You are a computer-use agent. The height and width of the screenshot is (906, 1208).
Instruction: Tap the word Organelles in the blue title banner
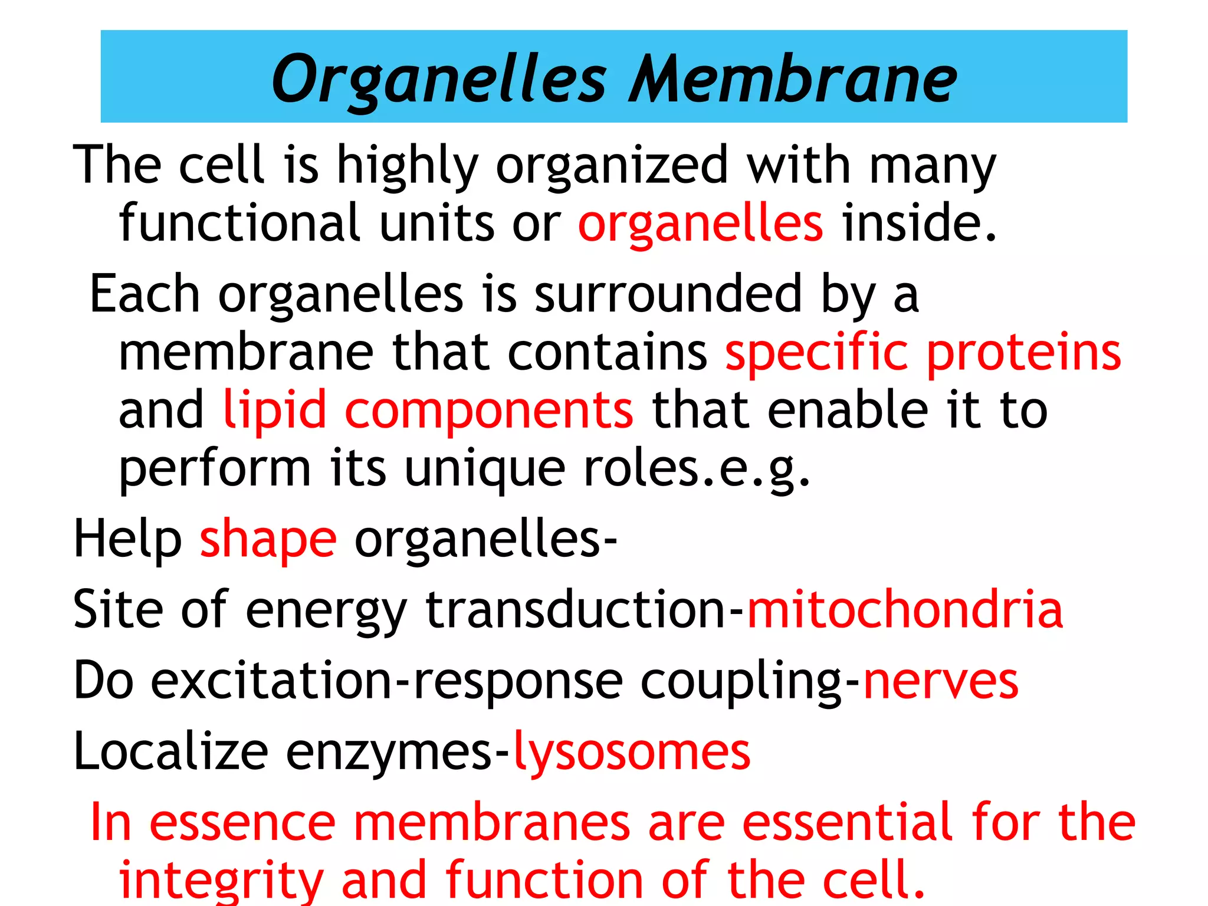point(439,80)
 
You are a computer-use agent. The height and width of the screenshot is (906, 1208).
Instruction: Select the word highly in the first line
point(407,166)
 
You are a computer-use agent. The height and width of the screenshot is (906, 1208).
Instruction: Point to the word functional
point(239,223)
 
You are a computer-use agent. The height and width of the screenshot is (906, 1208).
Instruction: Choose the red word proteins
point(1023,353)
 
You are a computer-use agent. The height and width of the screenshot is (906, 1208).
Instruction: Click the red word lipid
point(275,411)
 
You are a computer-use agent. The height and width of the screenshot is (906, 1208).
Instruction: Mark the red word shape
point(268,540)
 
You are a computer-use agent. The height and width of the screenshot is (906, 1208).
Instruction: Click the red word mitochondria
point(905,609)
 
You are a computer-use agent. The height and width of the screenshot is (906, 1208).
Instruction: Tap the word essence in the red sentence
point(242,823)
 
